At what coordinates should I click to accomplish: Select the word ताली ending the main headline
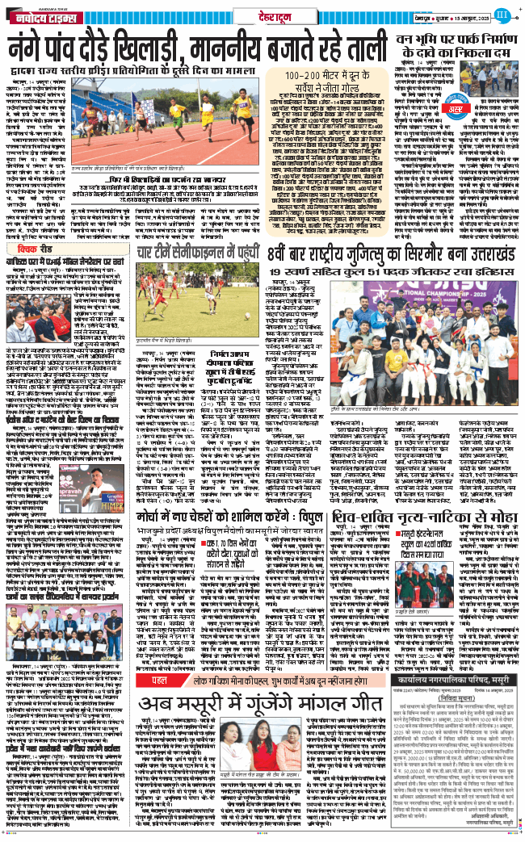(368, 50)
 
